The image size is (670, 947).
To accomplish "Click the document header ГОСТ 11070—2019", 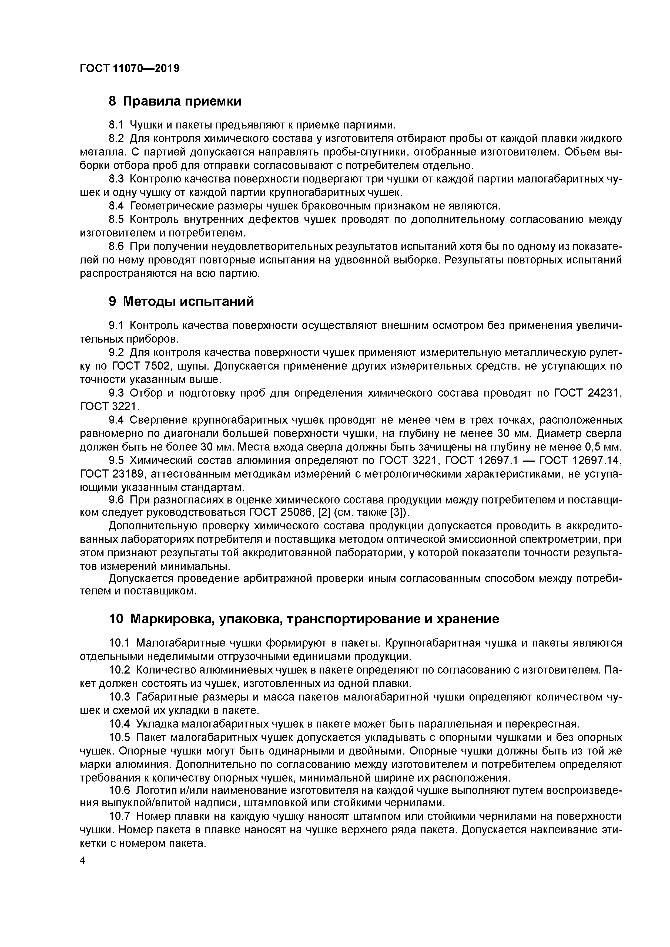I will pyautogui.click(x=130, y=69).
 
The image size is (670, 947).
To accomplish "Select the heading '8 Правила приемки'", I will pyautogui.click(x=175, y=101).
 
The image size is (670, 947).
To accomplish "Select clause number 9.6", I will pyautogui.click(x=116, y=500).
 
